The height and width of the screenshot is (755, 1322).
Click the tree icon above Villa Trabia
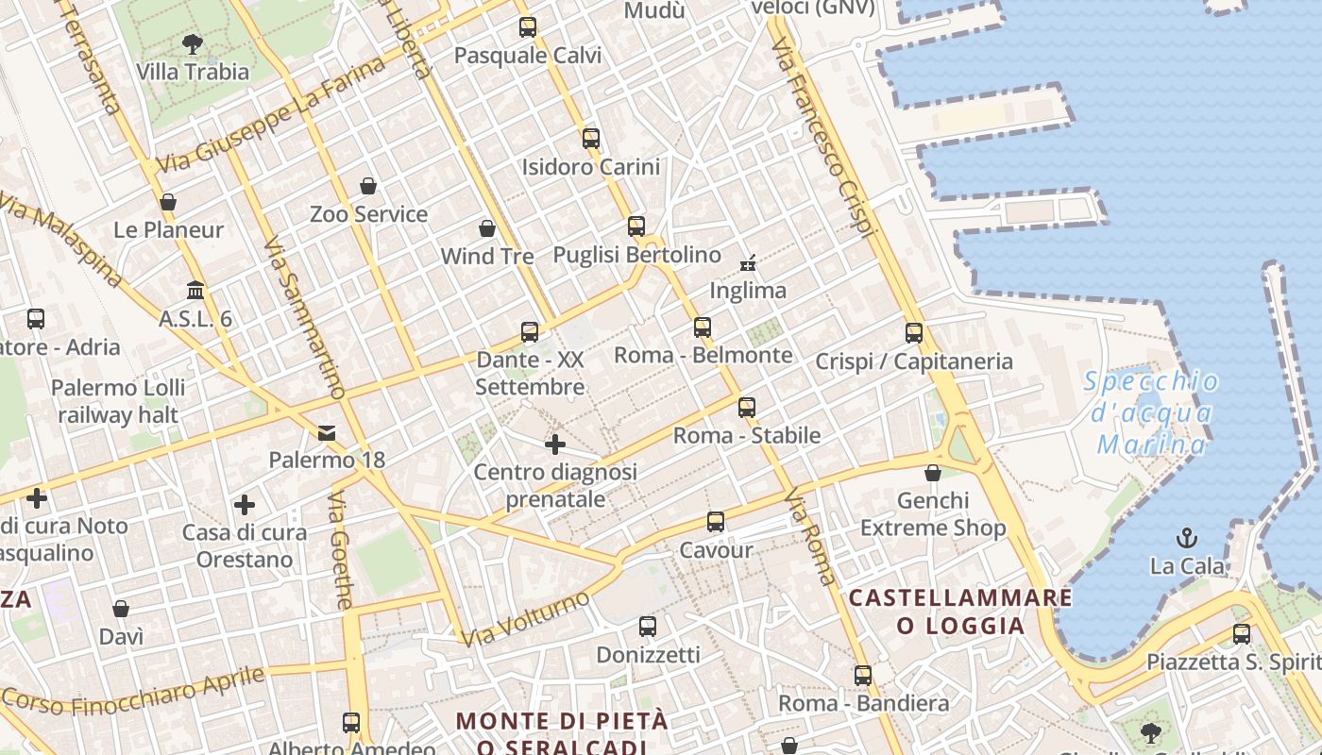(192, 43)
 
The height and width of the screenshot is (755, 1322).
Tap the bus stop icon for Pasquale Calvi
(528, 27)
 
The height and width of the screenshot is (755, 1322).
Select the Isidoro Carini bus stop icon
(591, 139)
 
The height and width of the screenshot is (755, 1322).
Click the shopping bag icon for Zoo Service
(368, 186)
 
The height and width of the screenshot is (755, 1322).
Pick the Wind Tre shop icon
(487, 228)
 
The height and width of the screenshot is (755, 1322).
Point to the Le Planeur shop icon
(168, 202)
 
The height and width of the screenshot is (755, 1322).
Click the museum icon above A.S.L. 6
(195, 290)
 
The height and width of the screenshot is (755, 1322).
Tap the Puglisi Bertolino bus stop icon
(636, 226)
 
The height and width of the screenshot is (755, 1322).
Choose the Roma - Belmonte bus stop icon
(703, 327)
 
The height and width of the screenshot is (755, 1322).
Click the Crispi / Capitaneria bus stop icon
(913, 333)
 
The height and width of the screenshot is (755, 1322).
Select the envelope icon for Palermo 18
(327, 433)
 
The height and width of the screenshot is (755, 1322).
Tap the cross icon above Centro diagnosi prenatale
(555, 444)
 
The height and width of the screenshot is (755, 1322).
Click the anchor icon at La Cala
(1187, 539)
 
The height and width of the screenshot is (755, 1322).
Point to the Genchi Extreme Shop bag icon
(933, 473)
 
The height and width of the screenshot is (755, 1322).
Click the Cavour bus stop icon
(716, 522)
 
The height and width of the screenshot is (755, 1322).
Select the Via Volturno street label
(526, 619)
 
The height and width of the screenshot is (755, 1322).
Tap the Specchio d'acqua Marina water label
(1151, 412)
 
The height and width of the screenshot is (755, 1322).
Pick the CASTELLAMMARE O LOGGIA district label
(960, 611)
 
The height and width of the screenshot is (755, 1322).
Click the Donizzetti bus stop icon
(648, 627)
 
